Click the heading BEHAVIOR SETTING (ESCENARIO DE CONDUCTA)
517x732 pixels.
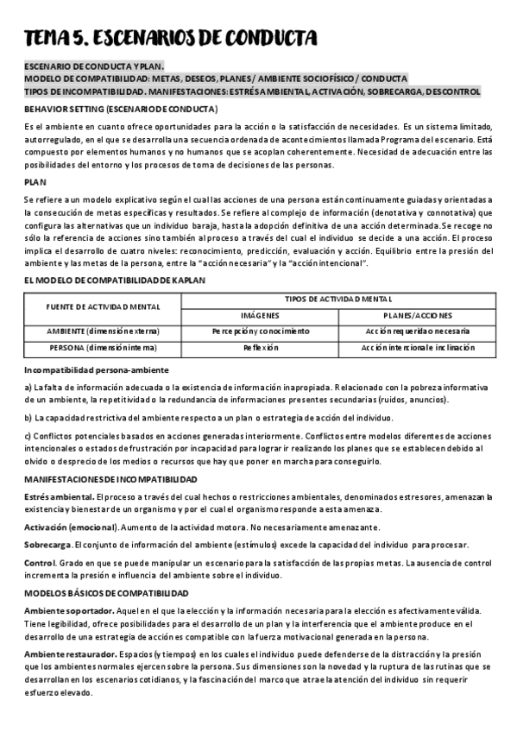(x=121, y=109)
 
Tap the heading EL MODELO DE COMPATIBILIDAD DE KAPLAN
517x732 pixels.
(x=115, y=280)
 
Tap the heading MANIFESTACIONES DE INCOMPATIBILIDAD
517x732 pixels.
(x=110, y=478)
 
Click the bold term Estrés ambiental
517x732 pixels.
(x=60, y=497)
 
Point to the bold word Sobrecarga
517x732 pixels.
(x=47, y=545)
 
